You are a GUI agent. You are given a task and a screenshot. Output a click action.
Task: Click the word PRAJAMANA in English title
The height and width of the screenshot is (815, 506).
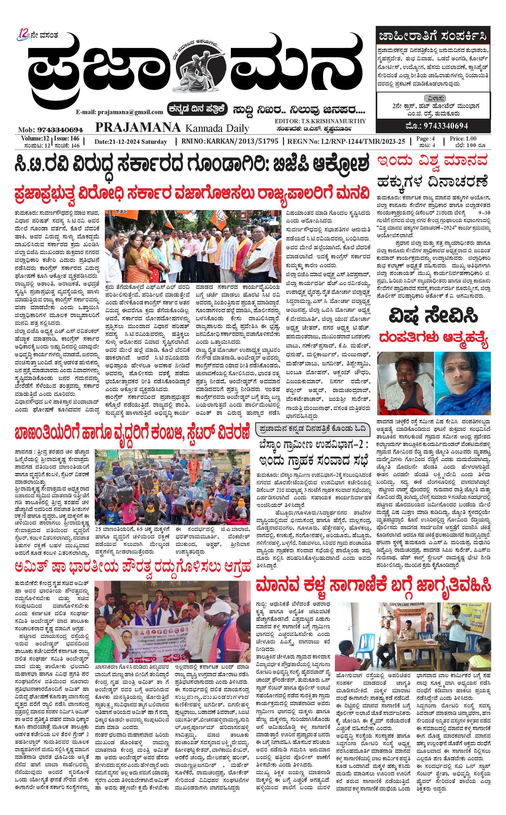point(138,127)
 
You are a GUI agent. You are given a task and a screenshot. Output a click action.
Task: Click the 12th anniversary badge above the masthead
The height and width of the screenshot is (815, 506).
point(24,35)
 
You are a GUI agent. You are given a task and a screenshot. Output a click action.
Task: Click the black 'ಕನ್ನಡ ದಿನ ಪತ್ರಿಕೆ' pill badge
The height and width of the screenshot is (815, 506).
point(198,109)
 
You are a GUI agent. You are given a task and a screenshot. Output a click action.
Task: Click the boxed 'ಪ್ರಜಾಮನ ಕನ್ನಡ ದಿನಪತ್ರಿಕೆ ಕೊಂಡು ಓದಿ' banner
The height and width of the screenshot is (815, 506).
point(312,429)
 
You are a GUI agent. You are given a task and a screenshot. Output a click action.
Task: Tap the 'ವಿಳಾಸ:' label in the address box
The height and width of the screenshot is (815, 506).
point(435,98)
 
